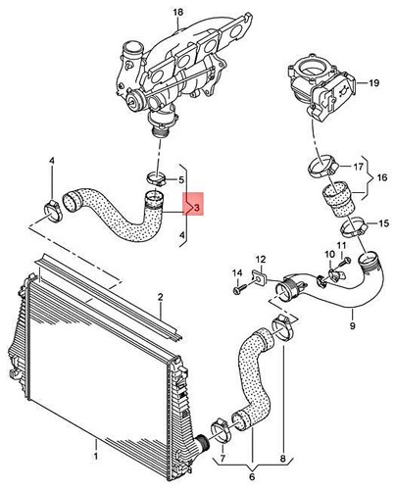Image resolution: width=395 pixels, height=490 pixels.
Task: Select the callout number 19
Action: tap(371, 85)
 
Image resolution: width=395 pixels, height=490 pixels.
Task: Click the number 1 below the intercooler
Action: tap(95, 455)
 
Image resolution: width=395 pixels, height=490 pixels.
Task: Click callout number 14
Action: tap(236, 271)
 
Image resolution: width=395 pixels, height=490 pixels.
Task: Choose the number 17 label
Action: tap(358, 167)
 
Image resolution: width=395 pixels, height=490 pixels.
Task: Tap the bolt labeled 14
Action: tap(238, 290)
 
